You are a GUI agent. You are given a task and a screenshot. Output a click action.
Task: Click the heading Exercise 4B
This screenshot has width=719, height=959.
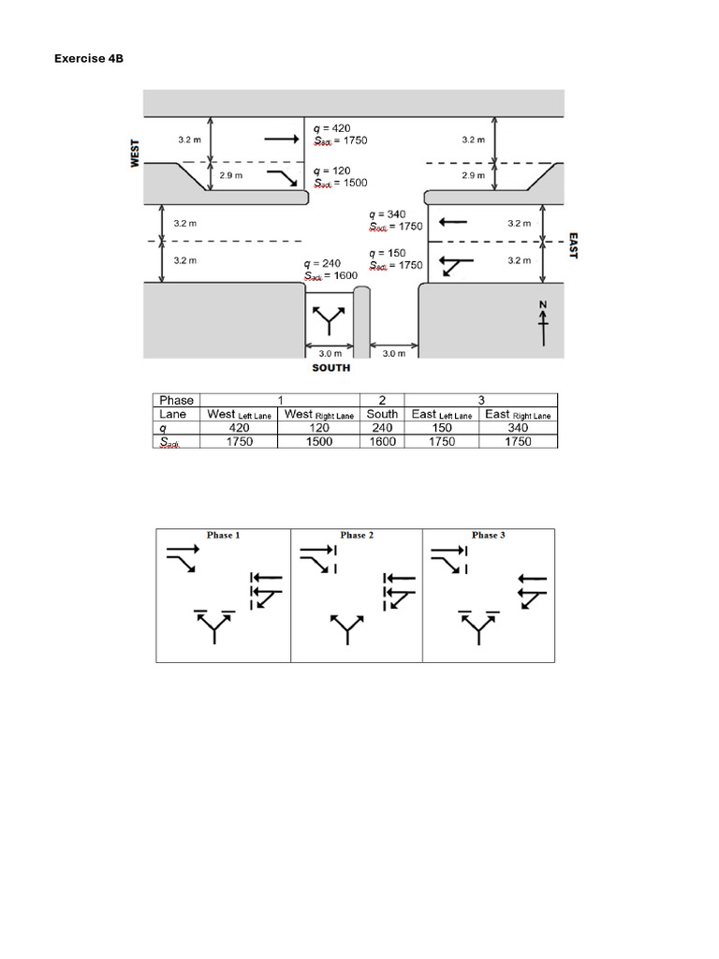click(89, 59)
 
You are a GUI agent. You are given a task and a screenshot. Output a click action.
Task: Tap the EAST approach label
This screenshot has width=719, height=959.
click(573, 246)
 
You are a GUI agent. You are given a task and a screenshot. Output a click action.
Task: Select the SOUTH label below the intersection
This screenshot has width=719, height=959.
click(331, 368)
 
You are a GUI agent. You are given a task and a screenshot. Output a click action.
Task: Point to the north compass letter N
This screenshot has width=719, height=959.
click(542, 305)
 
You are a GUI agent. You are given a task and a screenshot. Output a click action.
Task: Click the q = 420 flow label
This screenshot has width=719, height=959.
click(331, 127)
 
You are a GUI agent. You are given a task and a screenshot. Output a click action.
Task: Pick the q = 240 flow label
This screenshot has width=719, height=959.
click(322, 263)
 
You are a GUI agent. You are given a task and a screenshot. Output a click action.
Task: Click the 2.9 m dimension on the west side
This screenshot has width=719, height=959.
click(230, 175)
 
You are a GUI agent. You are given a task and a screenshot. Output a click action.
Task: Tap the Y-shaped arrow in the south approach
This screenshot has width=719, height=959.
click(329, 319)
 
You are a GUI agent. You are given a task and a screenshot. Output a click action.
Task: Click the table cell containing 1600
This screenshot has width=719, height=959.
click(382, 441)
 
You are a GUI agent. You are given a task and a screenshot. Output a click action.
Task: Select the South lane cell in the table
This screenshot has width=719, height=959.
click(382, 414)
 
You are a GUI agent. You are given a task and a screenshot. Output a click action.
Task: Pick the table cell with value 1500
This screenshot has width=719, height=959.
click(319, 441)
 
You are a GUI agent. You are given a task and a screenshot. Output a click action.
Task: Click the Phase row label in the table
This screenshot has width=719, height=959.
click(177, 400)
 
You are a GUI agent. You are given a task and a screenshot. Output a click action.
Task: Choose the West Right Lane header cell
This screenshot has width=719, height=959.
click(319, 414)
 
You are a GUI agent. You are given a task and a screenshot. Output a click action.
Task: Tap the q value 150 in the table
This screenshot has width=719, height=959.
click(442, 428)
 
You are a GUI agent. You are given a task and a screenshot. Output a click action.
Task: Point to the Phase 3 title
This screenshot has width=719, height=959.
click(489, 536)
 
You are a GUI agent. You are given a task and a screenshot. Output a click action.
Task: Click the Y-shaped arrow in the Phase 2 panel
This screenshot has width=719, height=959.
click(348, 629)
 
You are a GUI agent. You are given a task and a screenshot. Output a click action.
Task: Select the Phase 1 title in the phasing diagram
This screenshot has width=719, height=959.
click(224, 536)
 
